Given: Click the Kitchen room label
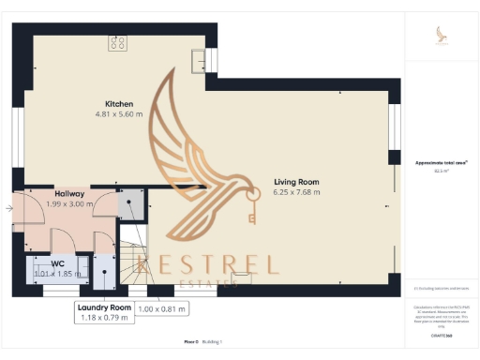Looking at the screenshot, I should (118, 103).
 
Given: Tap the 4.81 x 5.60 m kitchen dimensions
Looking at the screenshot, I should (118, 113).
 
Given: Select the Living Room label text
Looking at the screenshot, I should (296, 182).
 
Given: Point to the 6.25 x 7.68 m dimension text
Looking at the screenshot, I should (296, 192).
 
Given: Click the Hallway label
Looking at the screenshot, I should (71, 193).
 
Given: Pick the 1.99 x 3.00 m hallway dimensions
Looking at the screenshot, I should (71, 203).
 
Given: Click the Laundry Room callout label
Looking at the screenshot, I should (103, 306).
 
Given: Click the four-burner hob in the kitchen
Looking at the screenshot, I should (118, 43).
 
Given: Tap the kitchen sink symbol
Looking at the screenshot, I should (198, 60).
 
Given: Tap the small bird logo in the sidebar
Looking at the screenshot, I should (441, 36).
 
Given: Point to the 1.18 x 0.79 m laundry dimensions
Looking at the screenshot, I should (103, 317).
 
